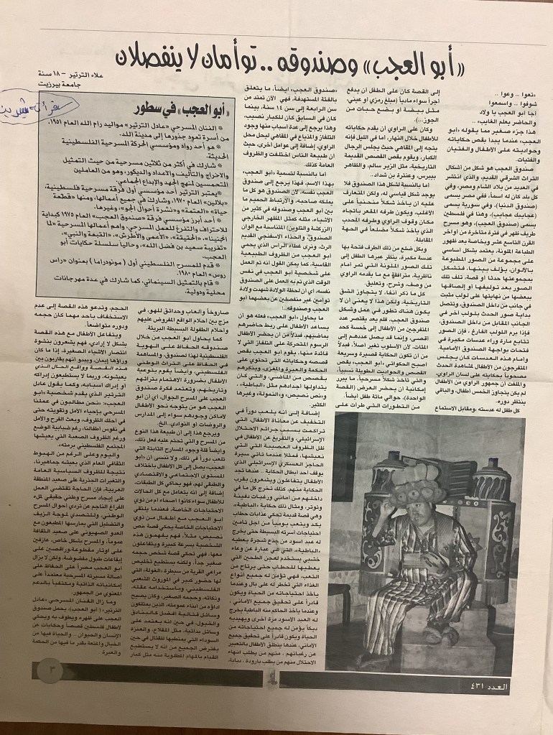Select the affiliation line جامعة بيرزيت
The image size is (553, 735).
(68, 85)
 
